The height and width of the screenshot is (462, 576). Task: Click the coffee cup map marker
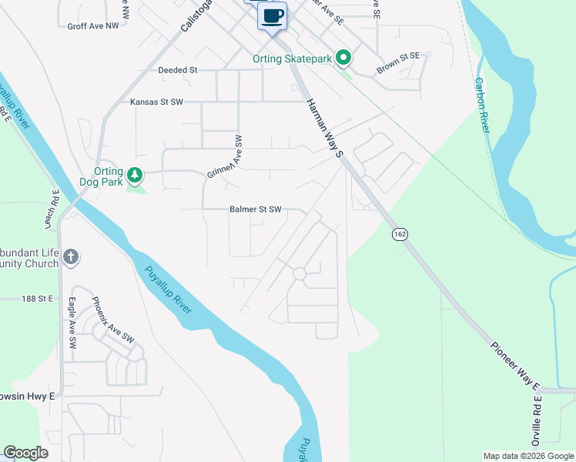click(x=273, y=16)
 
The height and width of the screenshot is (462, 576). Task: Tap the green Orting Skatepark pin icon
click(x=345, y=58)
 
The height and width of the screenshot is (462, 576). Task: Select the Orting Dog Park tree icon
click(x=136, y=176)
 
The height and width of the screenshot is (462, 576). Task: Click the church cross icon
click(x=71, y=257)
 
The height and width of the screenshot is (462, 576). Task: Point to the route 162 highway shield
click(x=399, y=233)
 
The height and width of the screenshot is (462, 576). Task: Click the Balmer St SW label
click(x=256, y=209)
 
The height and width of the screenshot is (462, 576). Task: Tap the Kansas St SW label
click(x=157, y=102)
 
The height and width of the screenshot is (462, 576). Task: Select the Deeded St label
click(x=178, y=70)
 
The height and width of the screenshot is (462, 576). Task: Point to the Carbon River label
click(x=483, y=105)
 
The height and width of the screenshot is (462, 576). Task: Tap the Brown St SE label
click(x=398, y=63)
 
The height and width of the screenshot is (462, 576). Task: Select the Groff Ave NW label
click(x=93, y=25)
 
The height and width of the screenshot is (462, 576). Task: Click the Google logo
click(x=25, y=453)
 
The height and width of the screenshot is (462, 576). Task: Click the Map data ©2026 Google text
click(x=528, y=456)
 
